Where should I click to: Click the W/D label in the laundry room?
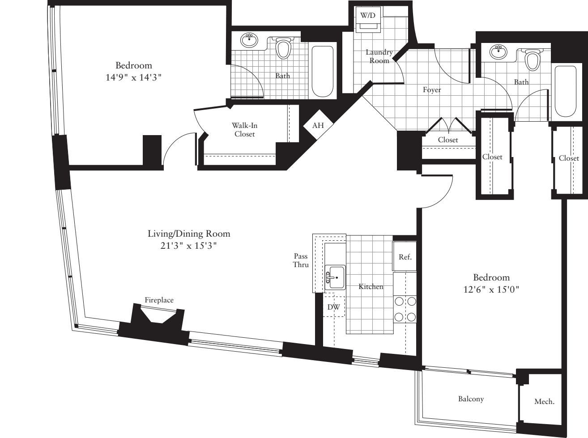click(x=368, y=16)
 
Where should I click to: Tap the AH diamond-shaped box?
click(x=318, y=125)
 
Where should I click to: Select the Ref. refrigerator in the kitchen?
click(x=405, y=257)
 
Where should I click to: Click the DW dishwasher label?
click(x=333, y=307)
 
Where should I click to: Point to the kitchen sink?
click(x=335, y=278)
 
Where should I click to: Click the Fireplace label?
click(x=159, y=300)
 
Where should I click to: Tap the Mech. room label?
click(x=544, y=402)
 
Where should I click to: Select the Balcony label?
click(x=471, y=399)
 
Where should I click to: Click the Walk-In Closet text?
click(x=244, y=130)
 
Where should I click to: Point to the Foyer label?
click(x=432, y=90)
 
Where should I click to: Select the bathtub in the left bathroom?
click(x=323, y=72)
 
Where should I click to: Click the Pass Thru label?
click(x=301, y=260)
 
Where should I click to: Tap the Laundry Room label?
click(x=379, y=56)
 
